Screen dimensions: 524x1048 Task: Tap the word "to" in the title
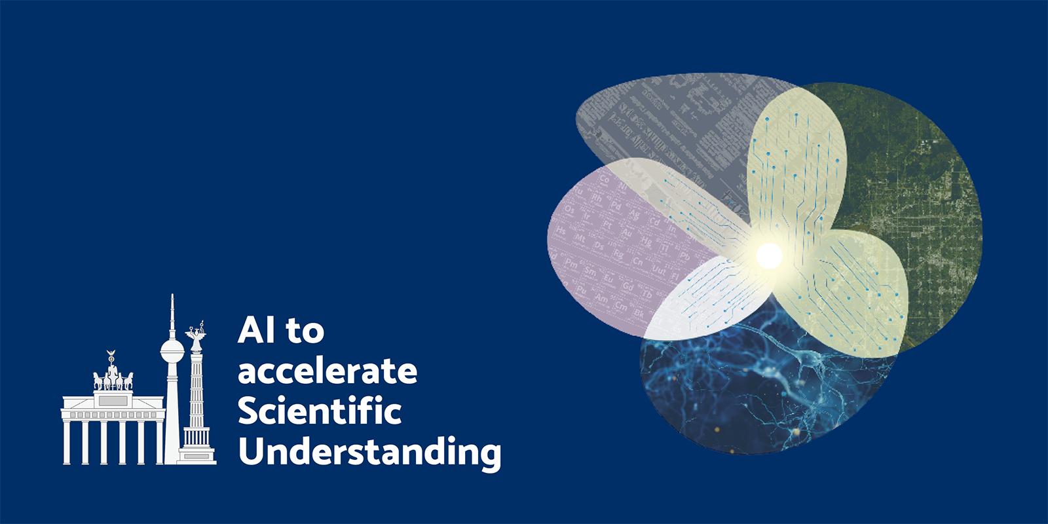coord(305,331)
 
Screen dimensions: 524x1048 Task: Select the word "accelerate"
coord(327,372)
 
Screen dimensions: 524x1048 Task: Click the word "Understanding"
coord(369,453)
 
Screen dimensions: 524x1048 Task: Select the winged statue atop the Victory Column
coord(196,338)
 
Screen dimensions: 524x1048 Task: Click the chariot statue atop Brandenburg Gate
coord(113,377)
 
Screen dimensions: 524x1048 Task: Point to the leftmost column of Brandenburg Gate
coord(66,442)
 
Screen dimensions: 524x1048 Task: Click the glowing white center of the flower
coord(768,255)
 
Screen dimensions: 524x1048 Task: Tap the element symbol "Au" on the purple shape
coord(626,233)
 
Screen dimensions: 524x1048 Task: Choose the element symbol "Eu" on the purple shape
coord(608,279)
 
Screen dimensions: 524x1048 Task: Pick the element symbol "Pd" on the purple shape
coord(616,205)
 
